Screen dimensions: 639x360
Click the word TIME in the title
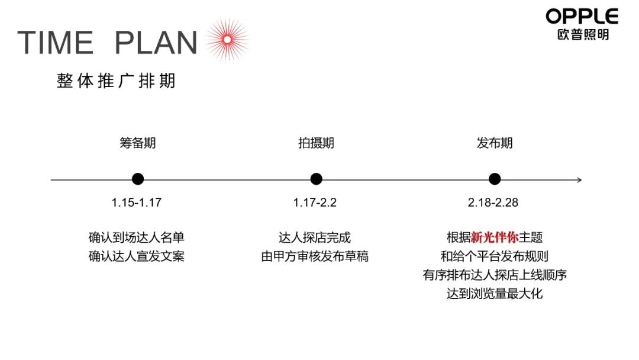point(56,43)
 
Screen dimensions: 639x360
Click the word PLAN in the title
point(156,43)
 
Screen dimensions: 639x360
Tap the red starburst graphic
point(225,40)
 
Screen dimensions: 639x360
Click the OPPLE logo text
point(582,16)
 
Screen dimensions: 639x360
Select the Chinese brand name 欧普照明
point(582,34)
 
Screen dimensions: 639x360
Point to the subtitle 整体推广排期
point(117,81)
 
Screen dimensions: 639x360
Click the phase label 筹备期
point(138,143)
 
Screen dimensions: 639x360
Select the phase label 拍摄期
point(316,143)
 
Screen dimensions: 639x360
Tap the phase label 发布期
point(495,143)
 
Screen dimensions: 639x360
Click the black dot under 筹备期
point(138,179)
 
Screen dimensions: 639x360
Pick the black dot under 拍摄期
point(316,179)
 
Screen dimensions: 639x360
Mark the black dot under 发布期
point(495,179)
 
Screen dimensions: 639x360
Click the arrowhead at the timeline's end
point(579,179)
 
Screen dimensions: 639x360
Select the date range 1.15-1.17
point(137,202)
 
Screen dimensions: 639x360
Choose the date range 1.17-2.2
point(315,202)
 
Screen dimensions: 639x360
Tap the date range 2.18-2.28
point(493,202)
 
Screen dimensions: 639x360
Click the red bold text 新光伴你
point(495,238)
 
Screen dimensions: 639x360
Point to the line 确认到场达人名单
point(137,238)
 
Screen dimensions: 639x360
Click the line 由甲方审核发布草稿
point(315,257)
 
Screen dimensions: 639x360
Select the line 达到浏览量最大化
point(495,294)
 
